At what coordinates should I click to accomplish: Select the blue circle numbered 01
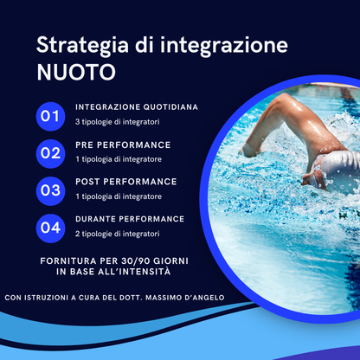tap(50, 115)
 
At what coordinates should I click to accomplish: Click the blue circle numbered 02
tap(50, 153)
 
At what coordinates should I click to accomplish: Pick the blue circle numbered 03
tap(50, 190)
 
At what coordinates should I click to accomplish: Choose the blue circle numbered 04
tap(50, 228)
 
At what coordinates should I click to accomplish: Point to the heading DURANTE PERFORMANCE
tap(130, 220)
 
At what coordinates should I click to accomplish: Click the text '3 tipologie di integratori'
tap(117, 122)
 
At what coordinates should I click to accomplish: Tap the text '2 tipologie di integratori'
tap(117, 235)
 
